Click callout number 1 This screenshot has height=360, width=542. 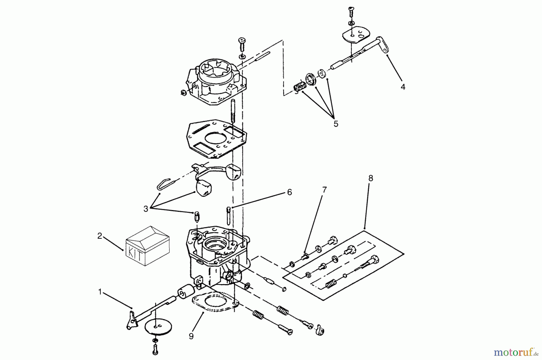[100, 292]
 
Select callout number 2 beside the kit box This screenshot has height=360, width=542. [100, 236]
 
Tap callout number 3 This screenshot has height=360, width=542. [146, 209]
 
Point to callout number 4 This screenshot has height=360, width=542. [403, 87]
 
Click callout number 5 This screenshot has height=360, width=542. [336, 124]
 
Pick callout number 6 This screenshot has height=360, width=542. [289, 192]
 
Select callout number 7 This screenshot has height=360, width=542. [324, 190]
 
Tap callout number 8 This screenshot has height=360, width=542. [371, 178]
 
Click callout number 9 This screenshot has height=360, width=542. [191, 336]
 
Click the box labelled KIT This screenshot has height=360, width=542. [147, 245]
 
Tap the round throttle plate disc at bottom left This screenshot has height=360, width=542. [156, 326]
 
